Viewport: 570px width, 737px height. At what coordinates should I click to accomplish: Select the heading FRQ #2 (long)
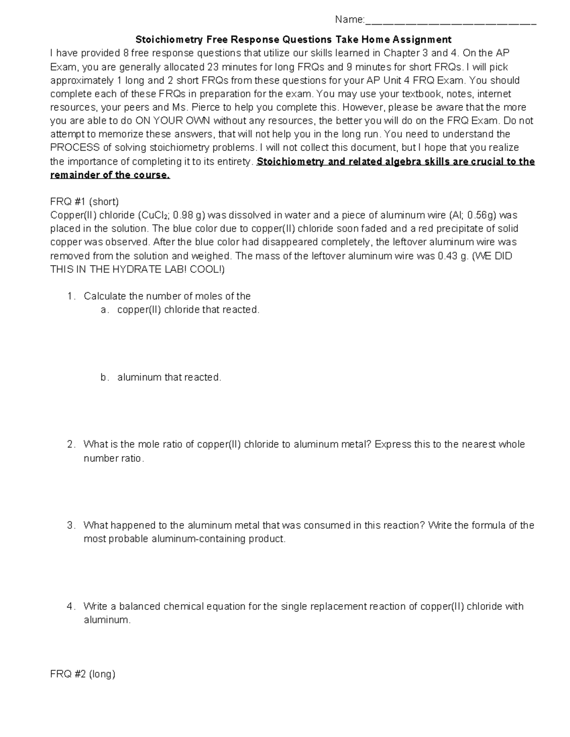click(83, 674)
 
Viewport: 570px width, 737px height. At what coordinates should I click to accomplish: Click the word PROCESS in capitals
click(75, 148)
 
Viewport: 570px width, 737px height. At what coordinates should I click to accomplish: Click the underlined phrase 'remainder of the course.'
click(110, 175)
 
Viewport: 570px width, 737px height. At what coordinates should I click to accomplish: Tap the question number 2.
click(71, 445)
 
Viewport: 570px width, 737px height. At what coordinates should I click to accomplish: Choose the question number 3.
click(71, 525)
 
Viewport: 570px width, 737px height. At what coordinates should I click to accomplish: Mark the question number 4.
click(71, 606)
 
